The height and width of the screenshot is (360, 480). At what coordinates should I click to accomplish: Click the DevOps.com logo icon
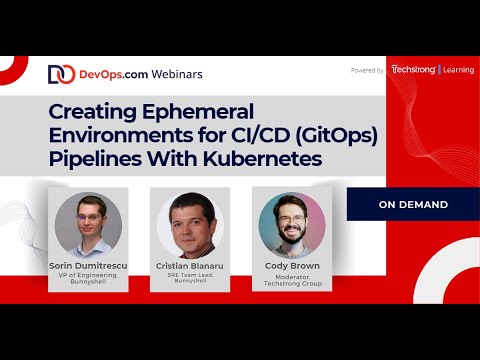(60, 74)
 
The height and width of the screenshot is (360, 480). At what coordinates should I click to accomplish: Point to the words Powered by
(367, 70)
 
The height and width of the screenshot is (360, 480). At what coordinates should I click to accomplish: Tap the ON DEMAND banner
(413, 205)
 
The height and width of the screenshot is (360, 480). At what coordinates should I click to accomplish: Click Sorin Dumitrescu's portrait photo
(87, 224)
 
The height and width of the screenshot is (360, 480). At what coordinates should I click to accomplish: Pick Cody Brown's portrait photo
(291, 224)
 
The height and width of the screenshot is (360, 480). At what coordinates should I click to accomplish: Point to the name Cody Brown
(291, 266)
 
